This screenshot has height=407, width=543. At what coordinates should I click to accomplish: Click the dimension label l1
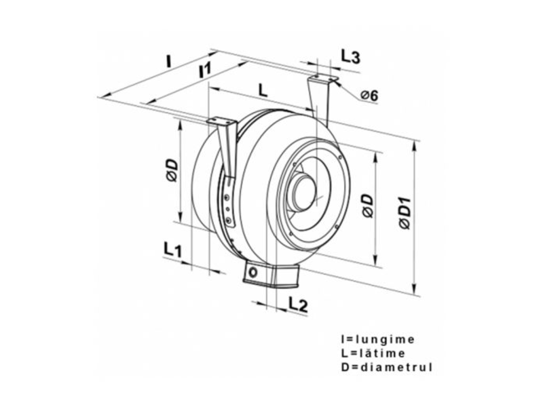[x=206, y=69]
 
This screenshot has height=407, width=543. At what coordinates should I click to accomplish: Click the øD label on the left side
[x=171, y=170]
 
